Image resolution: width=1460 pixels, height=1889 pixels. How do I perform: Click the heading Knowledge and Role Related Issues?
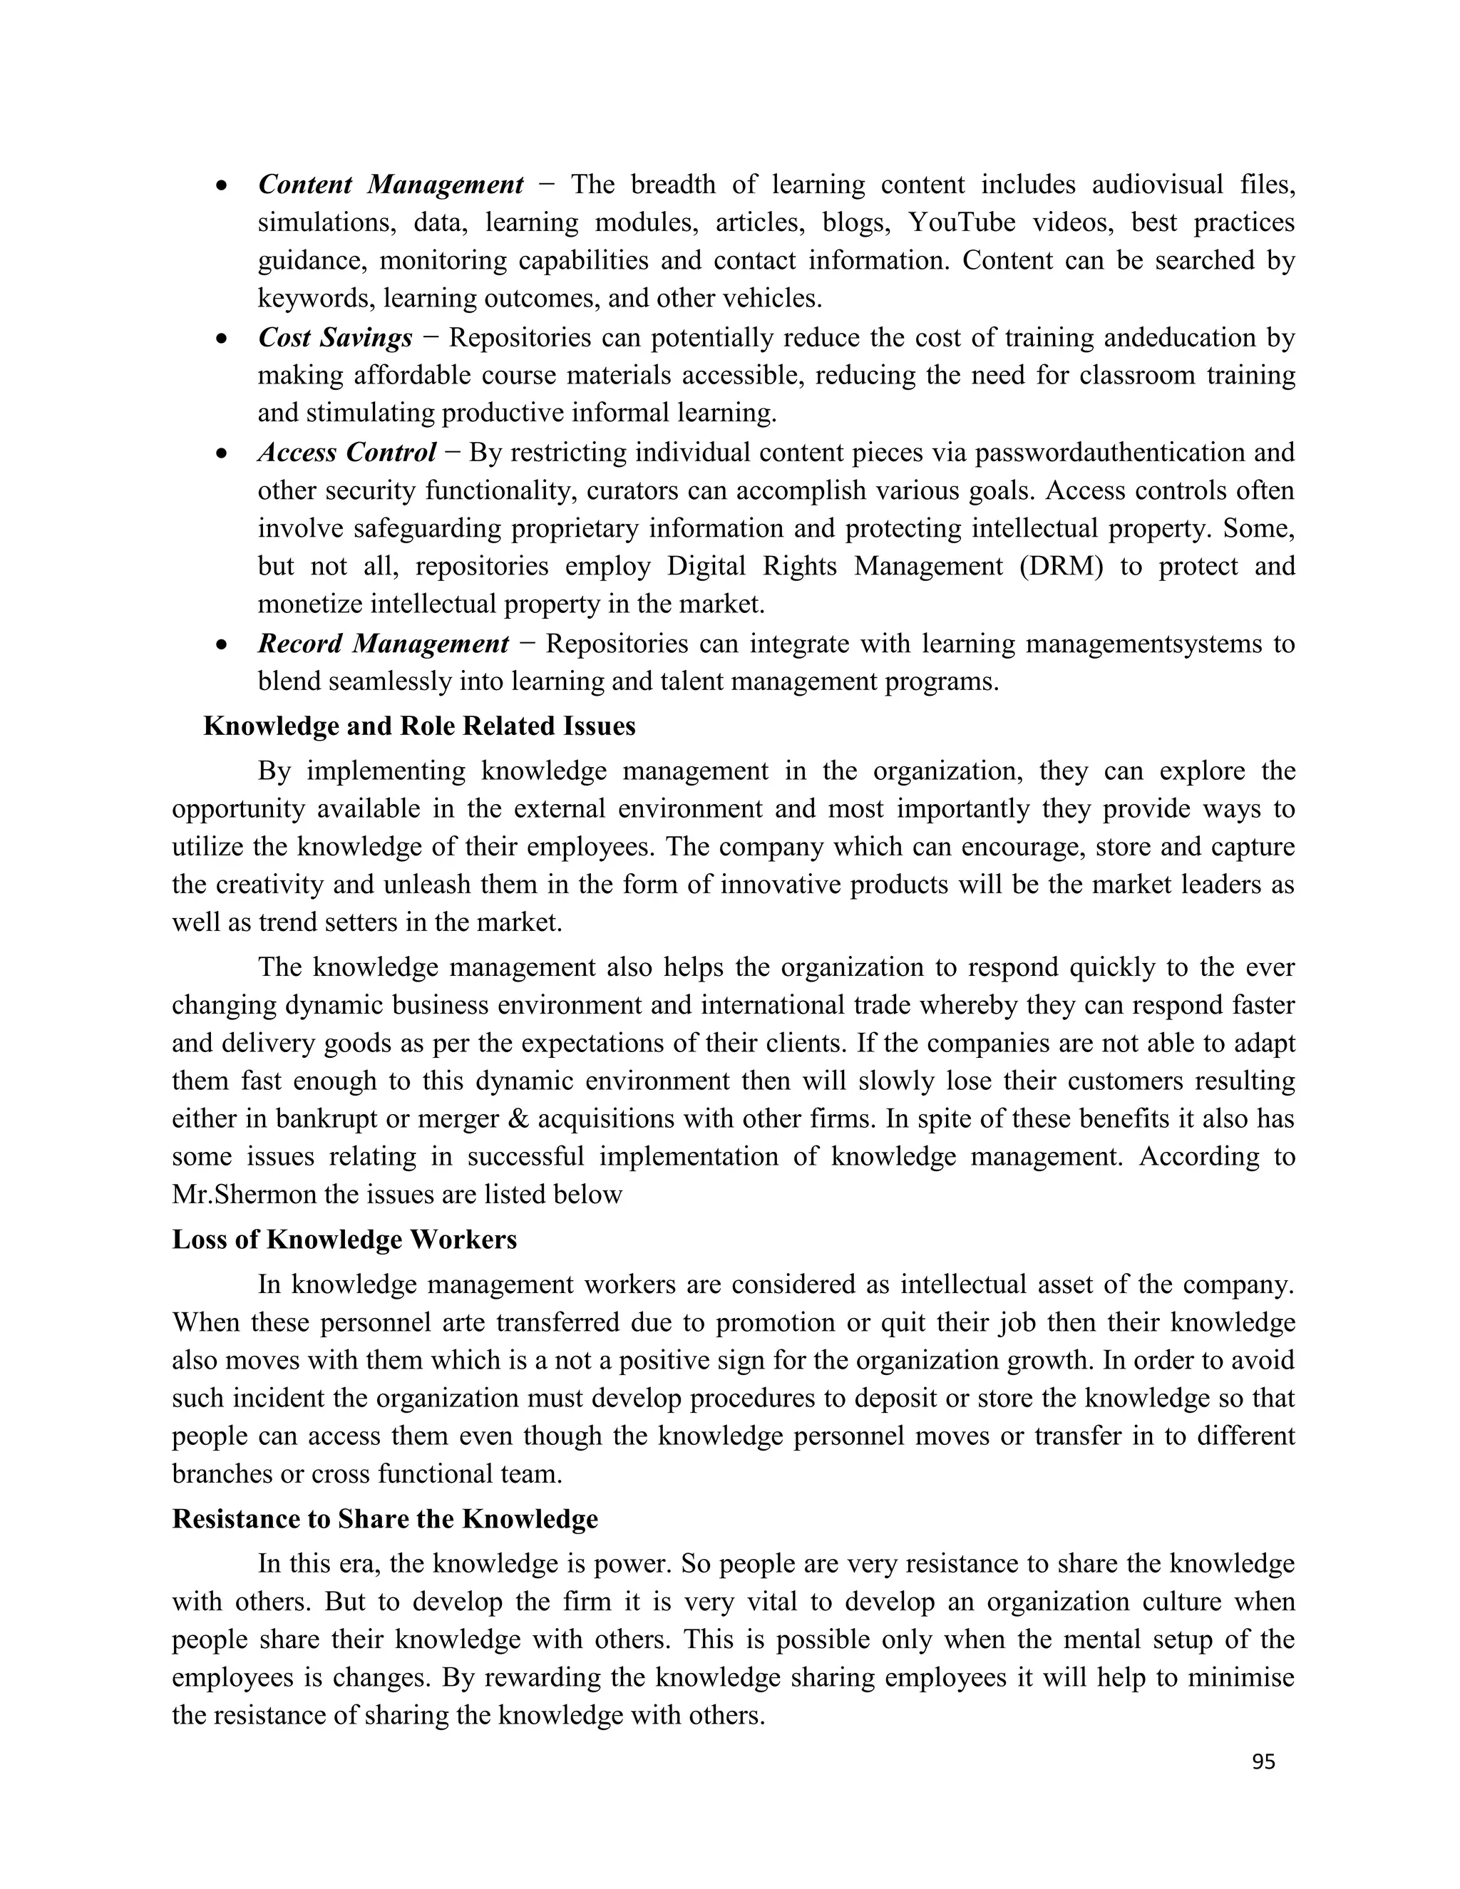point(418,726)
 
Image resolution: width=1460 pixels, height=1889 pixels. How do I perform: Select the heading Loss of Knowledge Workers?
point(344,1240)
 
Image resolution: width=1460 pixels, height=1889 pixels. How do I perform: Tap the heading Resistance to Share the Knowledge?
point(385,1519)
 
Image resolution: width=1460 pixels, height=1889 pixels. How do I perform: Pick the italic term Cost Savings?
point(335,337)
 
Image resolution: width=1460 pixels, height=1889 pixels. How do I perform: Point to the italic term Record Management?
point(383,644)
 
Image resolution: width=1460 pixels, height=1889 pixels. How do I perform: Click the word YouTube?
point(961,222)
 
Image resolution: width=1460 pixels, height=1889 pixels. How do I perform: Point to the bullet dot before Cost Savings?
point(222,339)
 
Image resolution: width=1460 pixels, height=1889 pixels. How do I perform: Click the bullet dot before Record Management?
point(222,645)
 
